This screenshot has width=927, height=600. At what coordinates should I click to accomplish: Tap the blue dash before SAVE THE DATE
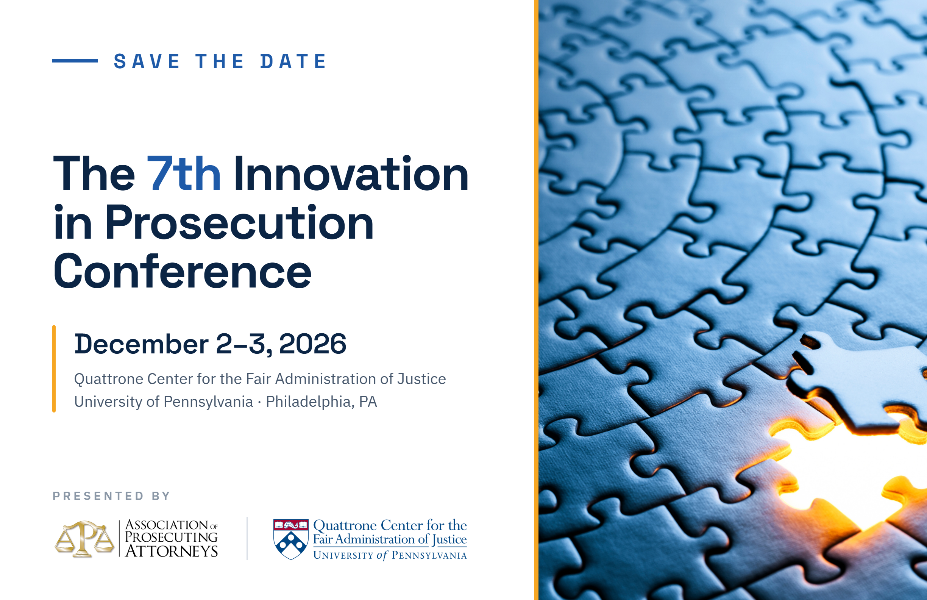click(x=75, y=61)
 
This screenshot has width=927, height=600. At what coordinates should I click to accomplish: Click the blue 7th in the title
click(x=184, y=173)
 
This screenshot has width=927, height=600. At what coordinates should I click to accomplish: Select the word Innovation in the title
click(x=351, y=173)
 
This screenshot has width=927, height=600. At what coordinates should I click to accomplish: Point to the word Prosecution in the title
click(x=239, y=222)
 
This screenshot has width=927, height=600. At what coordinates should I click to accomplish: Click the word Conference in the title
click(x=182, y=271)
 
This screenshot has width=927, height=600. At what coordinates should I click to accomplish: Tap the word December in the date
click(x=141, y=344)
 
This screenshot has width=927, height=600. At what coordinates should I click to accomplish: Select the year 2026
click(x=312, y=344)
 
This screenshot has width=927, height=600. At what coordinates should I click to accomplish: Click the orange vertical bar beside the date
click(x=54, y=369)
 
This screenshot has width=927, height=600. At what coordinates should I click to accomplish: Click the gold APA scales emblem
click(x=84, y=539)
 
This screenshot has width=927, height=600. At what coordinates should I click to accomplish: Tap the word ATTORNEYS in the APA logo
click(x=172, y=551)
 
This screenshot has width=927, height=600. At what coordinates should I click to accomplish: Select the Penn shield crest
click(x=291, y=539)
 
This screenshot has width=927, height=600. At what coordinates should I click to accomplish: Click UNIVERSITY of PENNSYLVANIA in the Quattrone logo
click(x=390, y=555)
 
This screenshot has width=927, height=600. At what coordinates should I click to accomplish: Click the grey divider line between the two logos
click(x=247, y=538)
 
